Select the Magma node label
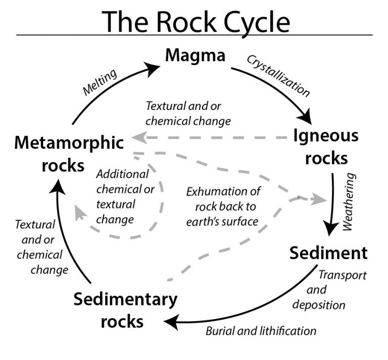(195, 55)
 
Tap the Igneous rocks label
(326, 146)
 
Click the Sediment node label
(328, 252)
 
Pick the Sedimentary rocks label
(125, 310)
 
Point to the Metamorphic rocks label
(69, 153)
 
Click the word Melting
(100, 81)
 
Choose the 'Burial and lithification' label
(261, 331)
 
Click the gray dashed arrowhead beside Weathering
(319, 199)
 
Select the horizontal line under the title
(194, 35)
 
